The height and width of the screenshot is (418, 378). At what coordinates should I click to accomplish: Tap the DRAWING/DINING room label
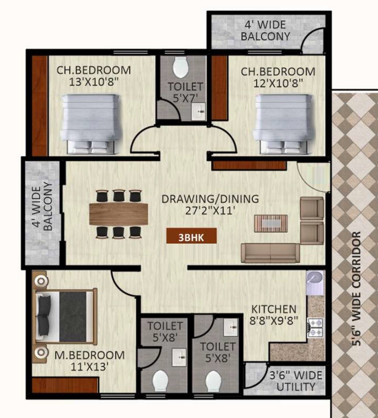tap(210, 204)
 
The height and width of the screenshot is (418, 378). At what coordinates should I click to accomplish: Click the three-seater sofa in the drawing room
tap(271, 253)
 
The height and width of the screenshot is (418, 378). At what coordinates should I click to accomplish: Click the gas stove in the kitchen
tap(315, 328)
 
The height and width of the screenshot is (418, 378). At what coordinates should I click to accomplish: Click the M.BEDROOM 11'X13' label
tap(90, 361)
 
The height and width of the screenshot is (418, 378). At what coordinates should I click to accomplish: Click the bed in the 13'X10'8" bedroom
tap(91, 124)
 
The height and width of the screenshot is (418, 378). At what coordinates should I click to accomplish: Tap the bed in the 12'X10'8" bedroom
tap(284, 124)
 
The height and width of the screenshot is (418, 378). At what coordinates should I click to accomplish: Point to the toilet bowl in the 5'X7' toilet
tap(180, 67)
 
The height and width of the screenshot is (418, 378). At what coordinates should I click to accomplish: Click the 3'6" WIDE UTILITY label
tap(296, 381)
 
